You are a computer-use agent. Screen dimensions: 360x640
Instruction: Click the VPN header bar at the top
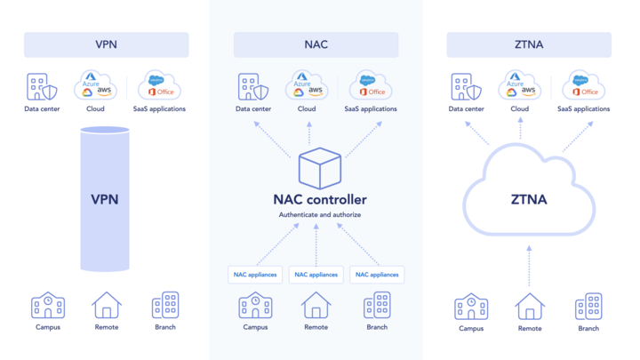coord(106,44)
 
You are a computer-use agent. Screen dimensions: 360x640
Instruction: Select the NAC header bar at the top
coord(316,44)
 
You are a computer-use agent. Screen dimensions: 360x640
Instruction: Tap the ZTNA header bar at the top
coord(529,44)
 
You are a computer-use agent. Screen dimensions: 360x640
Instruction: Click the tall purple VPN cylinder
coord(105,199)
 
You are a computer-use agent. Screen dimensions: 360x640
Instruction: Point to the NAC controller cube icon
coord(319,169)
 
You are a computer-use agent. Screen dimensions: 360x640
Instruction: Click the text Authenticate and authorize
coord(319,215)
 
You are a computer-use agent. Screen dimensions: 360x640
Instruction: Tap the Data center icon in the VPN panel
coord(42,87)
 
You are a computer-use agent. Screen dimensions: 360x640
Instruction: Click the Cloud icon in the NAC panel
coord(307,86)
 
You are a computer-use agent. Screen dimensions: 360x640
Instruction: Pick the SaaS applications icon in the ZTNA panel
coord(583,86)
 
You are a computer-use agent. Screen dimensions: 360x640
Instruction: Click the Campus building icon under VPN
coord(47,305)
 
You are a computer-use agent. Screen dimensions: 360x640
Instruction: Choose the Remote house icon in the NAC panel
coord(316,305)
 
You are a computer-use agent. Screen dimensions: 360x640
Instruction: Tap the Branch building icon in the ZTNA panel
coord(588,306)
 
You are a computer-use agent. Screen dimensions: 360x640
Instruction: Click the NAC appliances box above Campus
coord(255,275)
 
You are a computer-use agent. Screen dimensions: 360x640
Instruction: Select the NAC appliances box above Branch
coord(377,275)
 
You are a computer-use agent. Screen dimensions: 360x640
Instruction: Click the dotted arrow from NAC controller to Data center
coord(272,139)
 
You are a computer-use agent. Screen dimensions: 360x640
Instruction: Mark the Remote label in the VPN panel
coord(107,327)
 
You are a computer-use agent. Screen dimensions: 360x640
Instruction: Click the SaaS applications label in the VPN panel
coord(160,109)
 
